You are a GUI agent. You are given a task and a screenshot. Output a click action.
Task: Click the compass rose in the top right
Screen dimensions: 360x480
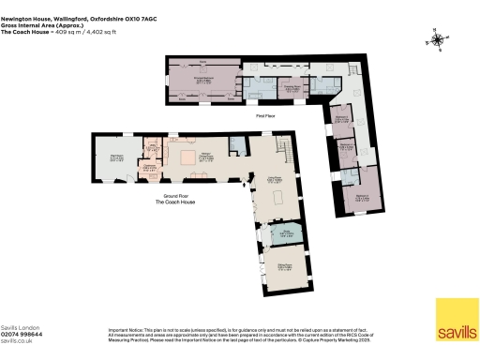coord(436,40)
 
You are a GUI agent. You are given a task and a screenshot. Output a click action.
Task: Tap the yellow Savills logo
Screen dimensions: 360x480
coord(455,319)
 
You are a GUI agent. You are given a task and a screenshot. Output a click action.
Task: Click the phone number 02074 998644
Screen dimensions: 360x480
coord(21,333)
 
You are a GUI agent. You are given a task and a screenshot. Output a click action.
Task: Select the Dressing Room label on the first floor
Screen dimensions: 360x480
coord(291,89)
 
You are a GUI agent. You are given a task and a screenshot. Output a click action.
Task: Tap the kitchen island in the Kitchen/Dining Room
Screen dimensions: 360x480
coord(188,156)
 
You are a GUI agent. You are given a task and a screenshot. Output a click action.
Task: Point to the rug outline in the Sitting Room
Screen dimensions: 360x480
coord(280,197)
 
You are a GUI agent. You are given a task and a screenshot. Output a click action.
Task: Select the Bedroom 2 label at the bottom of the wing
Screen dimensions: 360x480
coord(362,196)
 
